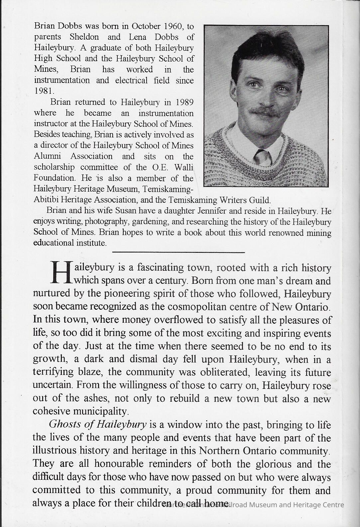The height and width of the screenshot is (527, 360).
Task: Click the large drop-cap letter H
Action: [61, 272]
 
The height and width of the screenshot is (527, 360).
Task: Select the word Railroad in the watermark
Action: [237, 505]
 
